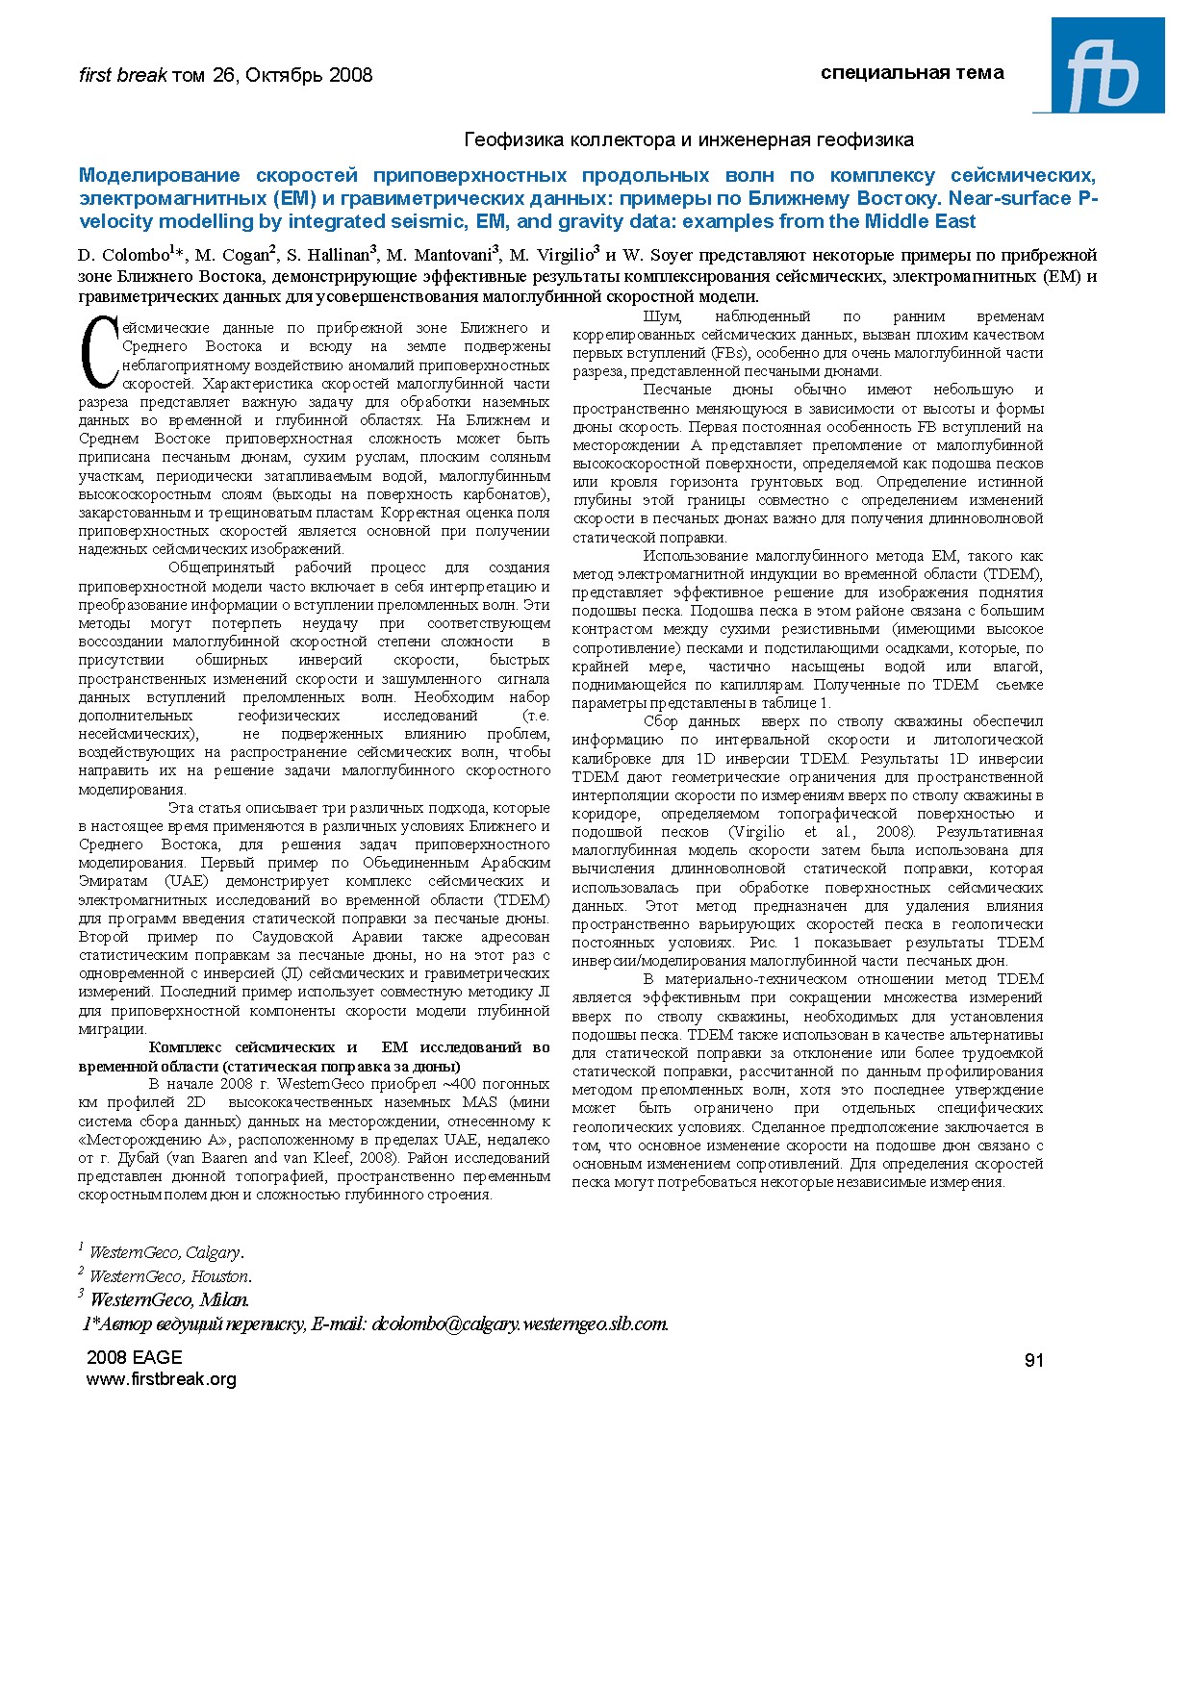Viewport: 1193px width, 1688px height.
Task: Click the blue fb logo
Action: [1099, 65]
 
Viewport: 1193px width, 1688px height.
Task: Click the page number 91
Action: [1033, 1360]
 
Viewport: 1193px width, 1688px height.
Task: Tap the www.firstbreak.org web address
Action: [161, 1379]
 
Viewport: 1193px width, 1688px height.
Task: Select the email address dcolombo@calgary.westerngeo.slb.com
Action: [520, 1323]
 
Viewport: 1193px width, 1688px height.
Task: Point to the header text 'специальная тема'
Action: [912, 73]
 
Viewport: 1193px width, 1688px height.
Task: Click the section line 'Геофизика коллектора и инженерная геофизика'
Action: [689, 140]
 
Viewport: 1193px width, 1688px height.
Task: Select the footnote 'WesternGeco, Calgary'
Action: [165, 1252]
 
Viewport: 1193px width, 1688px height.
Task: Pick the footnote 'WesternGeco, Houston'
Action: [168, 1276]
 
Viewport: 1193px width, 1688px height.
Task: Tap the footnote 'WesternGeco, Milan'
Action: [167, 1300]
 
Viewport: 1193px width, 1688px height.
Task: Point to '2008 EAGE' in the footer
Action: [134, 1357]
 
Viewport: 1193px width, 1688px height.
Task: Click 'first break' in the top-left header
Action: [122, 75]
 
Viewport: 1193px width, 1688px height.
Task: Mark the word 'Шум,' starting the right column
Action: [662, 316]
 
